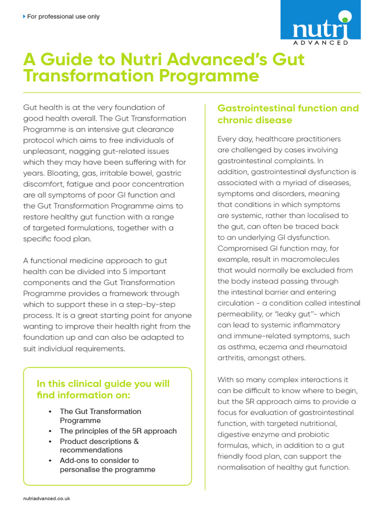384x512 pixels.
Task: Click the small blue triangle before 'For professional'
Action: point(24,16)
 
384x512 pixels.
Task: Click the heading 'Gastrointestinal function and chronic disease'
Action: point(287,114)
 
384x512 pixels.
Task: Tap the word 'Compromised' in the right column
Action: point(241,248)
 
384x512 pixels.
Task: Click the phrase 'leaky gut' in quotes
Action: point(300,314)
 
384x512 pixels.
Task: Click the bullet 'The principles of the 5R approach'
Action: point(118,431)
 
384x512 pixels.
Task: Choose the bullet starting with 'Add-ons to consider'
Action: point(107,464)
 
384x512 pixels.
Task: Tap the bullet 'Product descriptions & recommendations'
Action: point(99,445)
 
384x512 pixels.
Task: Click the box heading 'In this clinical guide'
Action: point(103,389)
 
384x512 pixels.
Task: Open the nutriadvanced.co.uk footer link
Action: point(47,498)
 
